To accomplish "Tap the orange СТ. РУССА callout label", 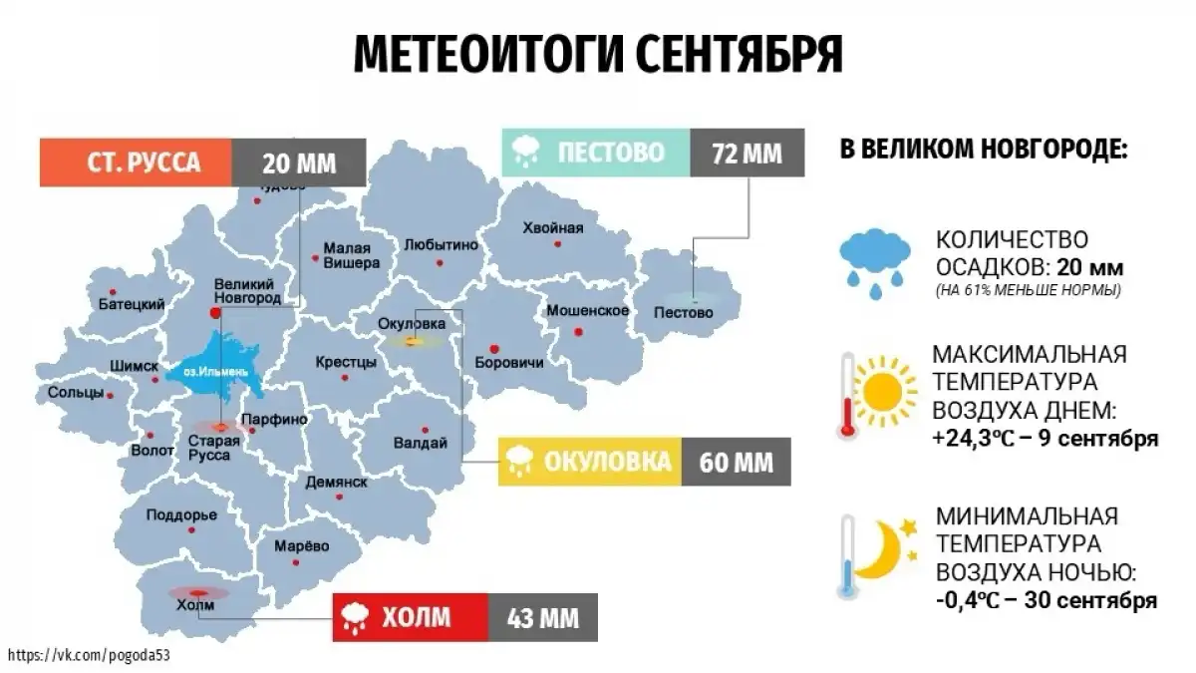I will tap(137, 163).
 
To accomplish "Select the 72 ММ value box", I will tap(747, 154).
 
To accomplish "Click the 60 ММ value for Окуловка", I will tap(737, 462).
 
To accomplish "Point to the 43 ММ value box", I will tap(542, 617).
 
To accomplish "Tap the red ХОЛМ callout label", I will tap(410, 617).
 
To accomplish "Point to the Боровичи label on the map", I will tap(509, 363).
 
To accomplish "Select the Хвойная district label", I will tap(552, 227).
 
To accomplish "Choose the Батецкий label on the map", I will tap(131, 303).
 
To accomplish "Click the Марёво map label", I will tap(301, 545).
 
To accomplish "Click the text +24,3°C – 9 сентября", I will tap(1046, 439).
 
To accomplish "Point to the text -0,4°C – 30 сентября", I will tap(1046, 600).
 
